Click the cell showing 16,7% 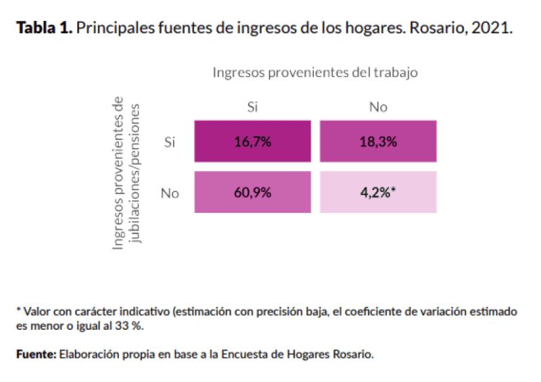[x=252, y=142]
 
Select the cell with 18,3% [x=378, y=142]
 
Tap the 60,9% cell [x=252, y=192]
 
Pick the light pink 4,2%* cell [x=378, y=192]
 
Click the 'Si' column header [x=253, y=107]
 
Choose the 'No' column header [x=378, y=107]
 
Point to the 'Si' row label [x=170, y=142]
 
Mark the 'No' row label [x=170, y=193]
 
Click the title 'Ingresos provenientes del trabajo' [x=315, y=72]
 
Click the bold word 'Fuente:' [x=36, y=354]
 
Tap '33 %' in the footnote [x=129, y=326]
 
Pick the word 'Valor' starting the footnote [x=38, y=312]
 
